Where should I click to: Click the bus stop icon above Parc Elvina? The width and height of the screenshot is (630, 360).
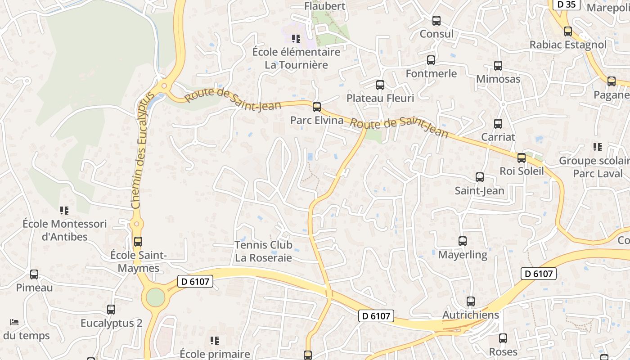pos(317,107)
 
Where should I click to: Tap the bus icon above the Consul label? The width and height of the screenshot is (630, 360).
pos(436,21)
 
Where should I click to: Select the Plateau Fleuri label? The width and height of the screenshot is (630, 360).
pos(380,98)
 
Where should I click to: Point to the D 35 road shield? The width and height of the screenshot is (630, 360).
pos(566,4)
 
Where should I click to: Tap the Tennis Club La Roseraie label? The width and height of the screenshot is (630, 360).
pos(263,252)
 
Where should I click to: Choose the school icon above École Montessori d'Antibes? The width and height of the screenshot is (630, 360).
pos(64,210)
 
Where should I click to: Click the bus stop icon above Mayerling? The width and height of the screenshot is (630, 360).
pos(463,241)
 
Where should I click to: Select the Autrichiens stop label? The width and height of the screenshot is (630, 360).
pos(471,315)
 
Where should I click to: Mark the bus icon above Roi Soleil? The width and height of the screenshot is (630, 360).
pos(522,158)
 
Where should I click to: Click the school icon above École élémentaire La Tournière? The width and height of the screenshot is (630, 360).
pos(296,39)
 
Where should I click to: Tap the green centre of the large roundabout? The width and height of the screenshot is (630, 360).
pos(156,297)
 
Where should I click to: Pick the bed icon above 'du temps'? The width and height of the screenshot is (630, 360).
pos(14,322)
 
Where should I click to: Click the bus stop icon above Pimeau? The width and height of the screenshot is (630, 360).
pos(34,274)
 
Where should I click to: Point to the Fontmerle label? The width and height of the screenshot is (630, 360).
pos(431,73)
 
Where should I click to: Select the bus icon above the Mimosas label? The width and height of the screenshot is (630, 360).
pos(498,66)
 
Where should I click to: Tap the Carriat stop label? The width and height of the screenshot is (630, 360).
pos(498,137)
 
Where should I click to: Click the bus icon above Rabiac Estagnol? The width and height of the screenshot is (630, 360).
pos(568,31)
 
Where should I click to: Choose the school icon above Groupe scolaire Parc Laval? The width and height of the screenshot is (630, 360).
pos(598,147)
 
